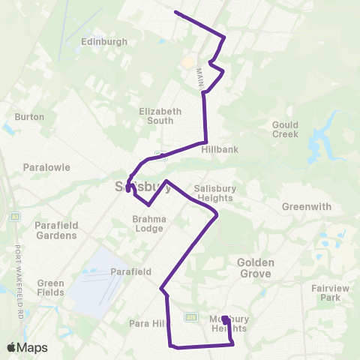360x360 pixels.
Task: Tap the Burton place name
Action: (x=29, y=117)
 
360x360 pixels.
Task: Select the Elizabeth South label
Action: (x=160, y=115)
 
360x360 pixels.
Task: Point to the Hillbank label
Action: (x=220, y=149)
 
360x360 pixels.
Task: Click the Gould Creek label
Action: (x=285, y=129)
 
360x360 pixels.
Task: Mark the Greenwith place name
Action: (x=305, y=207)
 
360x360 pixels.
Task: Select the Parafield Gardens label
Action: (x=55, y=229)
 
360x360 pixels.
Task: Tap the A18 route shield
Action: (x=191, y=317)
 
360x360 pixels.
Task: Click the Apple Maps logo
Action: (x=27, y=347)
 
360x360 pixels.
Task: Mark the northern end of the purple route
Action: (x=175, y=12)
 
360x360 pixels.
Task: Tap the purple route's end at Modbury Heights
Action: (x=224, y=319)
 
